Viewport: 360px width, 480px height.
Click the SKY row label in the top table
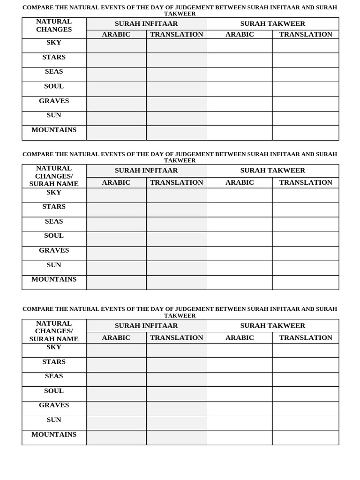(x=54, y=43)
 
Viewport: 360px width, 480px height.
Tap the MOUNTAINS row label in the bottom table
(x=54, y=435)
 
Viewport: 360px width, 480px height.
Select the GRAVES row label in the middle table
(x=54, y=250)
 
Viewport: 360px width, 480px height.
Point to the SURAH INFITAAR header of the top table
(x=146, y=24)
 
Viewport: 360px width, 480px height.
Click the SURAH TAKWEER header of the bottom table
(x=272, y=326)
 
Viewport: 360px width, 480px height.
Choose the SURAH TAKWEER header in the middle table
(x=272, y=171)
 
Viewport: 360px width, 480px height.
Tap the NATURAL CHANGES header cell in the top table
(x=54, y=25)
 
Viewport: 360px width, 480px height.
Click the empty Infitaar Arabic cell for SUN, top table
(x=116, y=118)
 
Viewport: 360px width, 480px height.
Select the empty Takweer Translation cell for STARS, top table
(x=306, y=60)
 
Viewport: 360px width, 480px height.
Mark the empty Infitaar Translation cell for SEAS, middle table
(x=176, y=224)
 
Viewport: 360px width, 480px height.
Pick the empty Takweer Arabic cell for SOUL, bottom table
(x=240, y=394)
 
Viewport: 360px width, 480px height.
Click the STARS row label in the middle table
(x=54, y=207)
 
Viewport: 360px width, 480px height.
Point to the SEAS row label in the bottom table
(x=54, y=376)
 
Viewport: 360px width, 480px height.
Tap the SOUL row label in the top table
(x=54, y=86)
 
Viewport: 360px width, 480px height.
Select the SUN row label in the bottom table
(x=54, y=420)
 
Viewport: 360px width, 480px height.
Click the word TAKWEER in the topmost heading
(x=180, y=14)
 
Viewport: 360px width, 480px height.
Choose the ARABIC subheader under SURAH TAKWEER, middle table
(x=240, y=183)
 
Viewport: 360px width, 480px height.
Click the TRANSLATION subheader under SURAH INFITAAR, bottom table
(x=176, y=338)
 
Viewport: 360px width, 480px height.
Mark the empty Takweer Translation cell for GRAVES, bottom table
(x=306, y=408)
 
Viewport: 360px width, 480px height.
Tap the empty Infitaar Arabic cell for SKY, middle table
(x=116, y=195)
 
